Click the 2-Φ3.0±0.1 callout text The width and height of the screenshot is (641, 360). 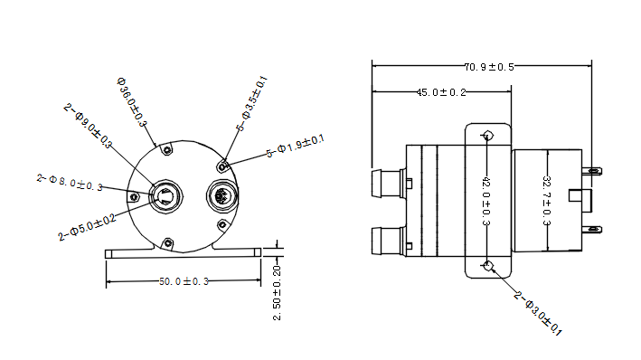538,314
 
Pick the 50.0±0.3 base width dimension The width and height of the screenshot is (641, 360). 184,282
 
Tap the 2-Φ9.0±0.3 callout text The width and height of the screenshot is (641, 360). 89,125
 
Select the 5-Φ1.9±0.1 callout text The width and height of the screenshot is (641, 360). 295,147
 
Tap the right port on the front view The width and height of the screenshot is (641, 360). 222,194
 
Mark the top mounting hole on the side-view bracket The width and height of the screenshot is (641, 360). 488,137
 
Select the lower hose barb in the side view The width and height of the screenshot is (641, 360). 387,241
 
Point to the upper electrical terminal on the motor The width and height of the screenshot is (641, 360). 593,171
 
